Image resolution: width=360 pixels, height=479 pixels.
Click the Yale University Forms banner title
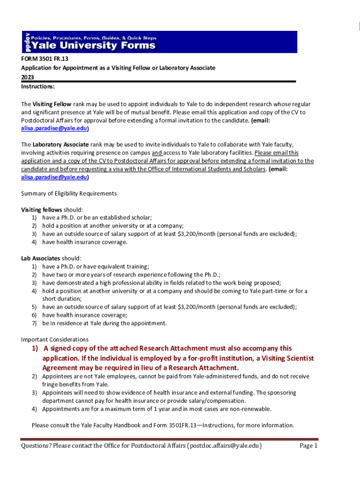pyautogui.click(x=94, y=45)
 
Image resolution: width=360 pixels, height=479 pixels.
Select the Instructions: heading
pyautogui.click(x=38, y=87)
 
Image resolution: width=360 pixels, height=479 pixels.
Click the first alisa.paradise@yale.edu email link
pyautogui.click(x=55, y=128)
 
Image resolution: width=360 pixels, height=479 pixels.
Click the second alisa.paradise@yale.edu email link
pyautogui.click(x=55, y=177)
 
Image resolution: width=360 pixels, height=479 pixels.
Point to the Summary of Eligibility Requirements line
pyautogui.click(x=69, y=193)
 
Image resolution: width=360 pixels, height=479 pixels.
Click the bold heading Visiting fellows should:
pyautogui.click(x=52, y=210)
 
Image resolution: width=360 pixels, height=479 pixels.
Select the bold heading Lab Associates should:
pyautogui.click(x=51, y=258)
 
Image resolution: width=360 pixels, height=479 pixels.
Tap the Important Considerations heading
pyautogui.click(x=55, y=339)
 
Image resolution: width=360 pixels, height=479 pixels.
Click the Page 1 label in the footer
pyautogui.click(x=309, y=446)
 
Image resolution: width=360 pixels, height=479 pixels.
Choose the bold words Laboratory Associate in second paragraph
pyautogui.click(x=60, y=145)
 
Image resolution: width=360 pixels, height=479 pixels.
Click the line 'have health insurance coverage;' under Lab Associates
pyautogui.click(x=84, y=315)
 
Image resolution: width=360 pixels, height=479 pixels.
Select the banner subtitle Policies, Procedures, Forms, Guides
pyautogui.click(x=94, y=38)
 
